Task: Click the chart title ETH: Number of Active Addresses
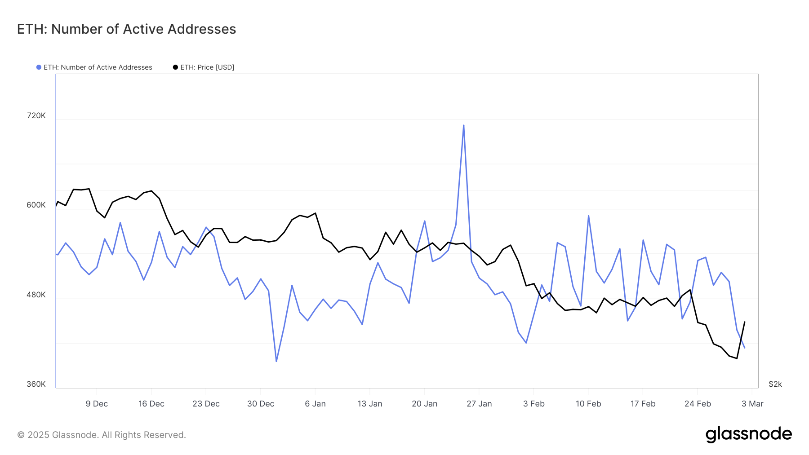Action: pos(126,29)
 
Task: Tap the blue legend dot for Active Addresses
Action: pos(39,67)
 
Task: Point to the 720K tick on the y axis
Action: pos(36,115)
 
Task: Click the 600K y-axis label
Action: pos(36,205)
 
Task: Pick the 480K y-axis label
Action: pos(36,295)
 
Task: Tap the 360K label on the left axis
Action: pos(36,384)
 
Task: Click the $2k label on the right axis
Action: pos(775,384)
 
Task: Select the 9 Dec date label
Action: pos(97,404)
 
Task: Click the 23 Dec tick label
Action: pos(206,404)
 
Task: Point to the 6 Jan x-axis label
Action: pos(315,404)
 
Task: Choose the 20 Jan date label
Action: pos(424,404)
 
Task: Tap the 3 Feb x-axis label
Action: pos(533,404)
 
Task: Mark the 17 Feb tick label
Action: pos(643,404)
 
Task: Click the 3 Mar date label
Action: pos(752,404)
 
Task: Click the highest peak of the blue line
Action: pos(463,125)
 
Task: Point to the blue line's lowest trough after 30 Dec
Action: pos(276,361)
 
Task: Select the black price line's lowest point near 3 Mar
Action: pos(737,358)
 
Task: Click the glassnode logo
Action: pos(748,434)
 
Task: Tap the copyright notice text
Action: pos(102,435)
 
